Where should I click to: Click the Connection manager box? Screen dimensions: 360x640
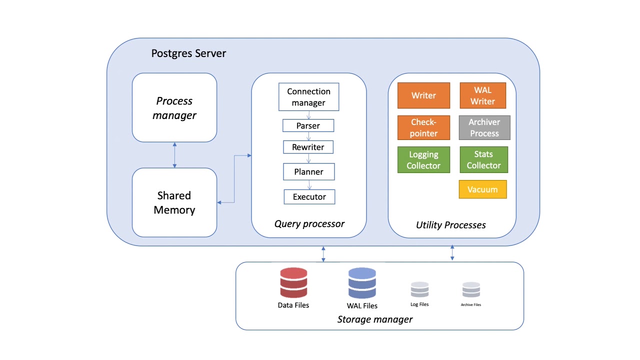(308, 97)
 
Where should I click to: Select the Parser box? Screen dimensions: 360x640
(308, 125)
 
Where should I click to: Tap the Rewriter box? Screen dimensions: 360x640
(308, 147)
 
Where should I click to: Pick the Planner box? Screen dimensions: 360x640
(308, 171)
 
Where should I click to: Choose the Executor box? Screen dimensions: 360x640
(309, 196)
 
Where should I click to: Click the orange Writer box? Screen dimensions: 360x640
(423, 95)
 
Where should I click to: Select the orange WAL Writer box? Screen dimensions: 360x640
(482, 95)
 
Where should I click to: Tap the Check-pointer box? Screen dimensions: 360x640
(423, 127)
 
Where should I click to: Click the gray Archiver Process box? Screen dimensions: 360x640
(484, 127)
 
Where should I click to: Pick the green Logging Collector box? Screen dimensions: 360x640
(423, 160)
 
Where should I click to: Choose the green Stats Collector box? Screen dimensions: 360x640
(483, 159)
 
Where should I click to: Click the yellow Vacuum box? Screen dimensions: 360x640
(482, 189)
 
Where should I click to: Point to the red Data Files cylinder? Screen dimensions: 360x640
(293, 283)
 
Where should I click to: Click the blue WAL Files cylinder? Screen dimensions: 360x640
(362, 283)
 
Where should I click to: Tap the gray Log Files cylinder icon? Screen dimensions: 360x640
(419, 290)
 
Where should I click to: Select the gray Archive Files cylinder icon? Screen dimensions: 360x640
(471, 290)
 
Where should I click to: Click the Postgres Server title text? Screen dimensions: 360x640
(188, 53)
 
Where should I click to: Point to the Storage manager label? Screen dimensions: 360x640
(374, 319)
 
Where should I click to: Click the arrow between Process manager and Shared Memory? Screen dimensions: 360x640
(174, 155)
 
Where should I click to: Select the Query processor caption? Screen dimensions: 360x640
(309, 223)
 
